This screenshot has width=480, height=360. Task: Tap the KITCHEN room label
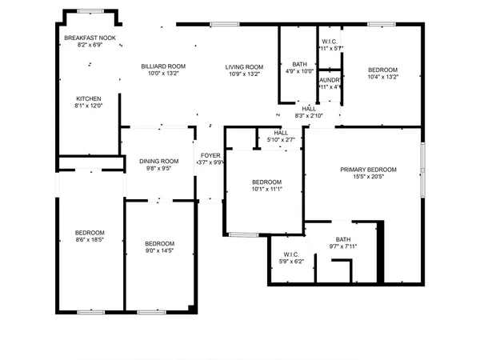point(88,99)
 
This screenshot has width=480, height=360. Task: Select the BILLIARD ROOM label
point(163,66)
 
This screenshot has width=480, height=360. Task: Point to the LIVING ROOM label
point(244,66)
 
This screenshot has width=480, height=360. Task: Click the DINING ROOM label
point(158,161)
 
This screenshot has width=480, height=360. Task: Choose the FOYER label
point(210,155)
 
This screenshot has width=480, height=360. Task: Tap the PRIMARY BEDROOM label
point(368,170)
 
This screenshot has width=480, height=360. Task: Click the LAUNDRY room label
point(330,80)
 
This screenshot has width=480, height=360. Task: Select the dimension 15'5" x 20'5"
point(368,178)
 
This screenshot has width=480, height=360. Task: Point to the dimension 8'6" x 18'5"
point(90,240)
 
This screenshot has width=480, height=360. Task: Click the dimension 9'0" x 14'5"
point(160,251)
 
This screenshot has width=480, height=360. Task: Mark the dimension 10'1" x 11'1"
point(266,190)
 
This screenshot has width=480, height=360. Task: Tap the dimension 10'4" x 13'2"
point(382,78)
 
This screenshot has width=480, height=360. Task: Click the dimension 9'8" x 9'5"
point(158,169)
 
